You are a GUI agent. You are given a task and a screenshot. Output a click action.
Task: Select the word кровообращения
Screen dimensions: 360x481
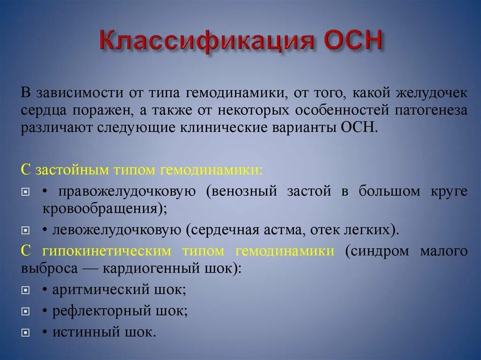click(101, 209)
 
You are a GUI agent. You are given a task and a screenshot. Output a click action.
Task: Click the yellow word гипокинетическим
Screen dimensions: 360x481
click(107, 252)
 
